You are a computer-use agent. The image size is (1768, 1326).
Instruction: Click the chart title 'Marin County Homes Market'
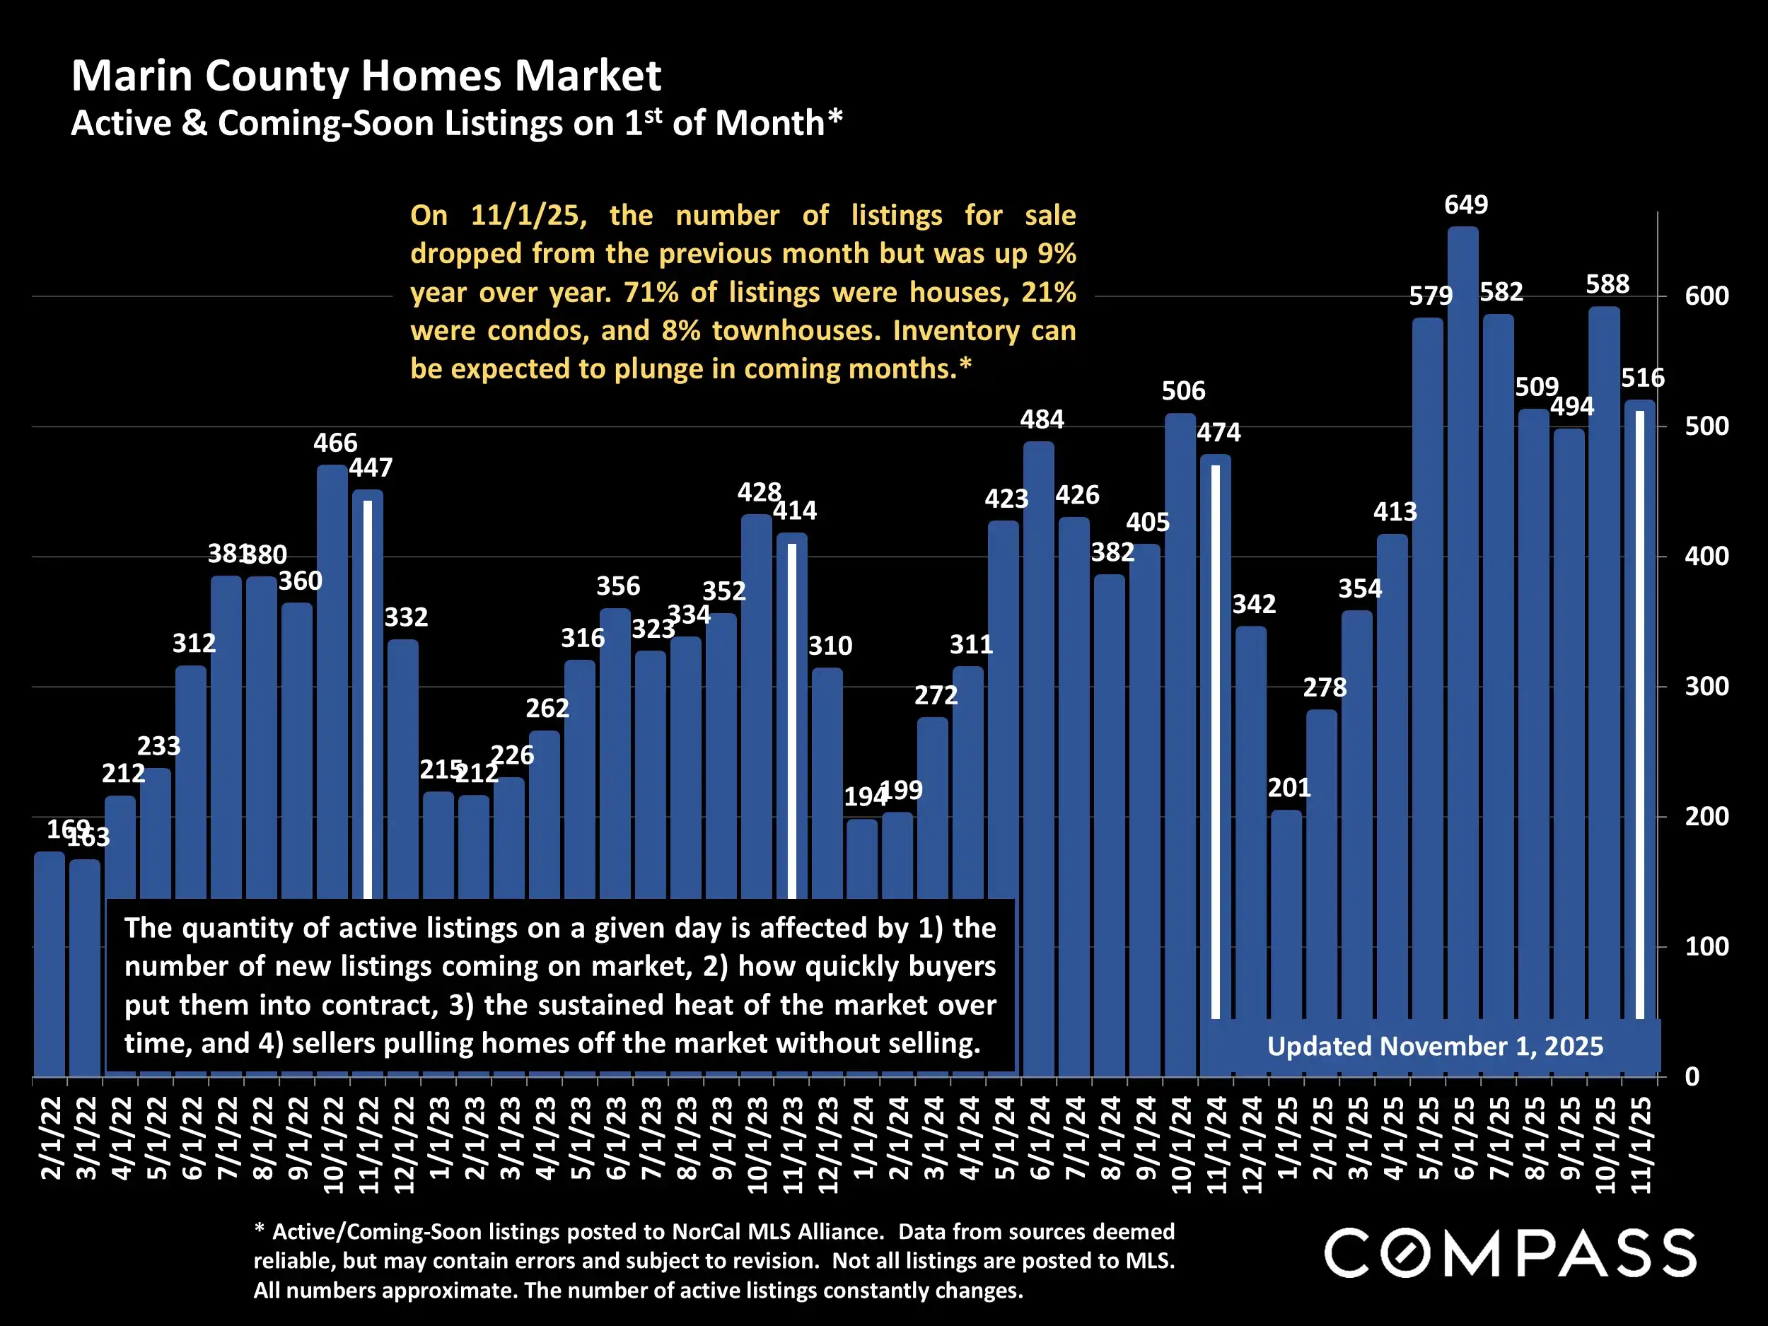coord(366,76)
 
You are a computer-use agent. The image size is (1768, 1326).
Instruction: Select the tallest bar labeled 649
coord(1462,559)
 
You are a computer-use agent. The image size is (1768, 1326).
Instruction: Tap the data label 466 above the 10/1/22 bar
coord(335,443)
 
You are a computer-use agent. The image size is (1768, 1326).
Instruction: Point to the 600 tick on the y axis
coord(1706,296)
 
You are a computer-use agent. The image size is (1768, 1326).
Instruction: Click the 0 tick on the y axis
coord(1692,1076)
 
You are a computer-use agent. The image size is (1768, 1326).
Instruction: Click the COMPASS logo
coord(1510,1253)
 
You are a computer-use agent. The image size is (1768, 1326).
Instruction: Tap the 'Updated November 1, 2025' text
coord(1435,1046)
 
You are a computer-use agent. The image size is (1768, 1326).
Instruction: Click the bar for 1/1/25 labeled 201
coord(1286,943)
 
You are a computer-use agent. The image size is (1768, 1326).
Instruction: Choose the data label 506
coord(1183,391)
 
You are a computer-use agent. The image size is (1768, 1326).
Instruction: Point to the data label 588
coord(1607,284)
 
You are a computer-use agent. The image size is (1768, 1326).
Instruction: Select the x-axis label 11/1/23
coord(792,1144)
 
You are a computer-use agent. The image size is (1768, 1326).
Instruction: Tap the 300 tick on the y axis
coord(1706,687)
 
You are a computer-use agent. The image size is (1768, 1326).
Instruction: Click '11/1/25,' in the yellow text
coord(528,216)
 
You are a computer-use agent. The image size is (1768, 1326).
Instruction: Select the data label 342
coord(1253,604)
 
